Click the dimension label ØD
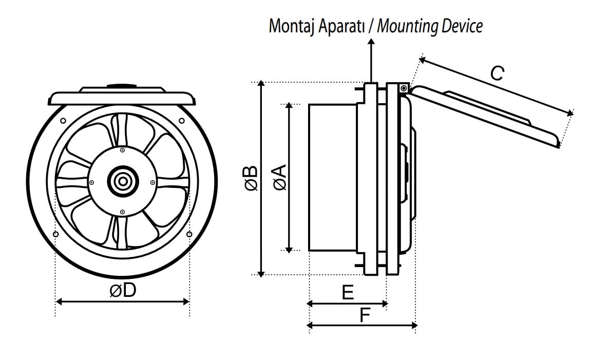tap(123, 291)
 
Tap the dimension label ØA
tap(280, 178)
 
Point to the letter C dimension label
tap(496, 73)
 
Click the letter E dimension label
tap(348, 293)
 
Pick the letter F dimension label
tap(365, 315)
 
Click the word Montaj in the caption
tap(291, 26)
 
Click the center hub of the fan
tap(122, 181)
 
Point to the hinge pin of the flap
tap(404, 89)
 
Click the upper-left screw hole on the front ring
tap(62, 121)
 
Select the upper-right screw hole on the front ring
tap(182, 121)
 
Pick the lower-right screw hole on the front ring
tap(189, 234)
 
